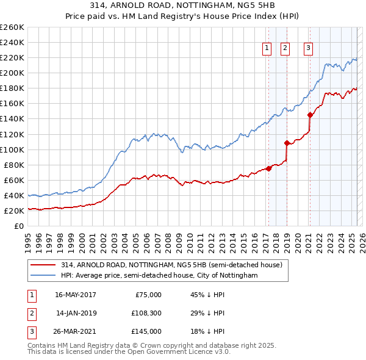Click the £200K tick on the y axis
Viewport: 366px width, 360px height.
pos(12,73)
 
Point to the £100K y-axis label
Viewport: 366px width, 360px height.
pos(12,149)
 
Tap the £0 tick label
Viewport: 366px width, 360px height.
pos(20,226)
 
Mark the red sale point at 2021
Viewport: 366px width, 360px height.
pos(310,115)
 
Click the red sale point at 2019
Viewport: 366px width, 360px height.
pos(286,143)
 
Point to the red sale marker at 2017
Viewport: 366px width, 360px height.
pos(268,168)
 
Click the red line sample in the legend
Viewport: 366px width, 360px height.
pos(43,265)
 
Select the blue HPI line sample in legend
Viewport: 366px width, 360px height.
pos(43,276)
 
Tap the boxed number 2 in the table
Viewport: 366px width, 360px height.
pos(31,313)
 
